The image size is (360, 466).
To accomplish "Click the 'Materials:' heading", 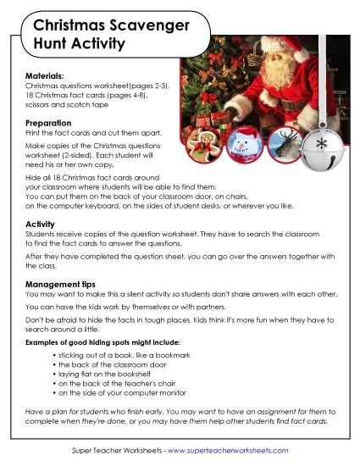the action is [x=45, y=76].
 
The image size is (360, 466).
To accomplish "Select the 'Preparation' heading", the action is [x=50, y=124].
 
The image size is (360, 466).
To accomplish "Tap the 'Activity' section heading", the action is [x=41, y=224].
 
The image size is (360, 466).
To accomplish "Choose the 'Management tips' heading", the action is [x=61, y=284].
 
